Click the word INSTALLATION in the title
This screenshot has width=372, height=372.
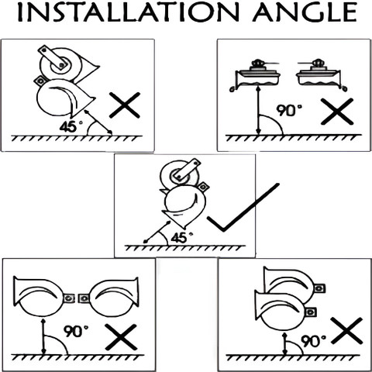tap(129, 12)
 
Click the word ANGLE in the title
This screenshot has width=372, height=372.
tap(305, 12)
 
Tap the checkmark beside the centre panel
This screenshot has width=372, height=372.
tap(243, 207)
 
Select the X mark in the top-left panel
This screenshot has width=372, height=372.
tap(125, 105)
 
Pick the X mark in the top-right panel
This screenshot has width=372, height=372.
tap(337, 112)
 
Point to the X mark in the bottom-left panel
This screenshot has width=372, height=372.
tap(121, 337)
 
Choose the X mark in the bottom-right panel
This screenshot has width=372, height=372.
tap(346, 331)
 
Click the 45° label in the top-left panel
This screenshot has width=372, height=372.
tap(71, 126)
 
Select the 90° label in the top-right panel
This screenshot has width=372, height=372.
tap(289, 110)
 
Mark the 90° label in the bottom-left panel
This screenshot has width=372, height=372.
tap(76, 332)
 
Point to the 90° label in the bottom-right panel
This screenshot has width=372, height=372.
tap(314, 341)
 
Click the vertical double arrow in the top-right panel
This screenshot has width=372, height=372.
tap(258, 111)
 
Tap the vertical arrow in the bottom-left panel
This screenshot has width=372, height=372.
tap(43, 337)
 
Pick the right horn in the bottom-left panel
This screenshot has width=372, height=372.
tap(109, 297)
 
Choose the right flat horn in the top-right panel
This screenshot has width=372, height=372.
tap(321, 75)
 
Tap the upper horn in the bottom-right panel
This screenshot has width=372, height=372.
tap(292, 281)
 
